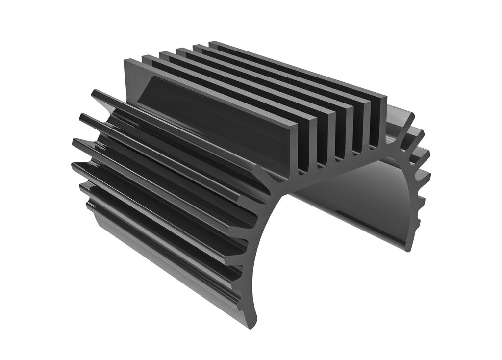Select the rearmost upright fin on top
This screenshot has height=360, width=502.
pyautogui.click(x=294, y=69)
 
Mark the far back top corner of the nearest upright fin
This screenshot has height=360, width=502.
pyautogui.click(x=128, y=61)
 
